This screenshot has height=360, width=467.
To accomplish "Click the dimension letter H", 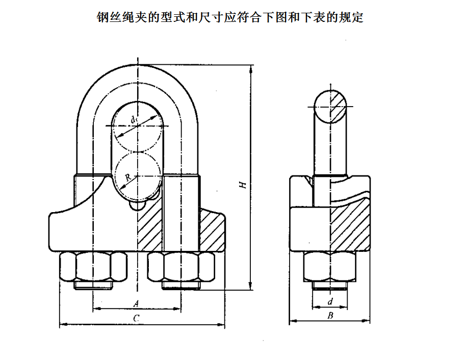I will point(244,184).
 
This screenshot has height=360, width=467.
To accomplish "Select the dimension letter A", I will point(136,303).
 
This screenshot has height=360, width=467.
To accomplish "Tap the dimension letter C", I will point(136,318).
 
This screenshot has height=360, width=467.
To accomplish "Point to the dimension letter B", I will point(330,316).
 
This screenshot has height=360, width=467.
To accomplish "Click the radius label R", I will point(128,177).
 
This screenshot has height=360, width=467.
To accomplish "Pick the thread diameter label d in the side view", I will point(330,302).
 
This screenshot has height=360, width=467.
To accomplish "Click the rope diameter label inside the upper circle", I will point(134,120).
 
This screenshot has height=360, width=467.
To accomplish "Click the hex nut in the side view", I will point(330,267).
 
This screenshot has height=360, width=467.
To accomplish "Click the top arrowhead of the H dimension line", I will point(251,71).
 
